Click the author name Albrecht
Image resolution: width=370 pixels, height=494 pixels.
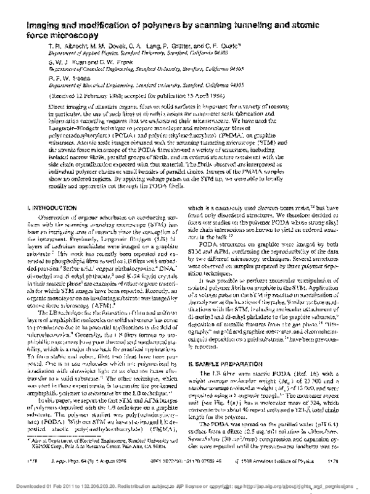67,31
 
